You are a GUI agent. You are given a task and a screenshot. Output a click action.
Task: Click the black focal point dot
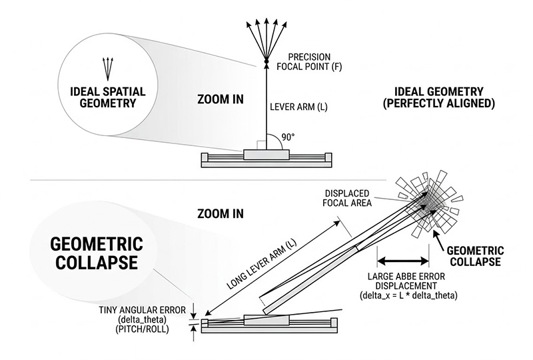[x=266, y=63]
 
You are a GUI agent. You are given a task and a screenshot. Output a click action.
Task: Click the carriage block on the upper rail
[x=266, y=155]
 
